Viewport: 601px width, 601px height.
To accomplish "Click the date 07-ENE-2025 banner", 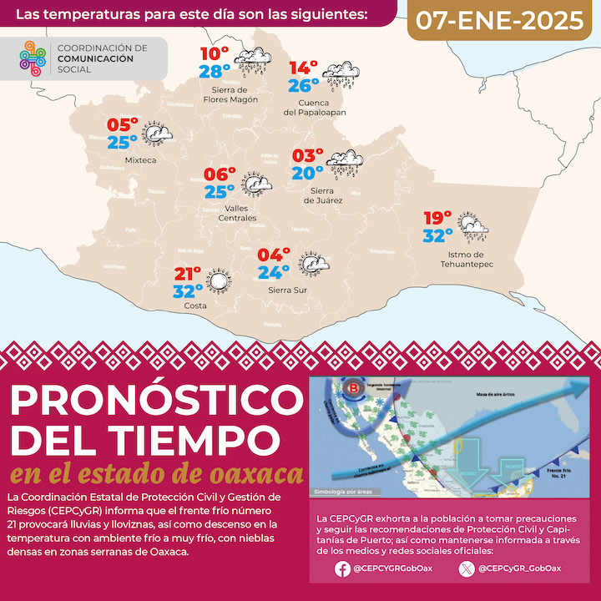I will (x=501, y=21).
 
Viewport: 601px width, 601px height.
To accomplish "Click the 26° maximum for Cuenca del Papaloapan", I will (x=304, y=85).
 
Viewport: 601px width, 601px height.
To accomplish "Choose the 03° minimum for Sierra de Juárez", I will (x=307, y=156).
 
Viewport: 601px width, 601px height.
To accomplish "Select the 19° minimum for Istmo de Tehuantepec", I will (x=437, y=218).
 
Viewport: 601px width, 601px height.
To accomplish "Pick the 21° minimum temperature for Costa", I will (x=189, y=274).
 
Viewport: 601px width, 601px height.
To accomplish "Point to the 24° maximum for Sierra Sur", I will (x=274, y=271).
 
